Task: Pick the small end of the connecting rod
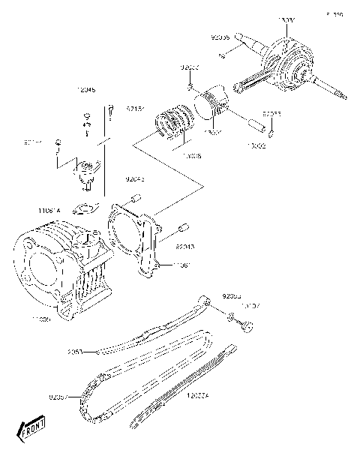pyautogui.click(x=242, y=84)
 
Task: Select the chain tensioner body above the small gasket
pyautogui.click(x=91, y=173)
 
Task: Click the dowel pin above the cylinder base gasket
pyautogui.click(x=136, y=197)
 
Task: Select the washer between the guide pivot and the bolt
pyautogui.click(x=229, y=319)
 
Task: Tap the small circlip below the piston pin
pyautogui.click(x=271, y=135)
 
